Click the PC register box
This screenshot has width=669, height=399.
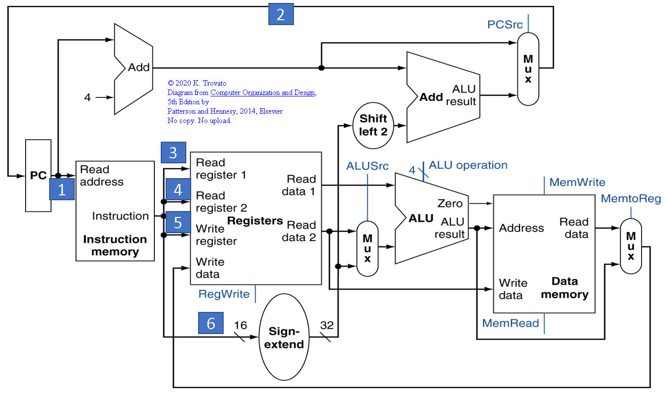click(38, 176)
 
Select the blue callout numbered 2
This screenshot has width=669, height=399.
click(281, 15)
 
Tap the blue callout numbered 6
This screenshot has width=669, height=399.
click(211, 323)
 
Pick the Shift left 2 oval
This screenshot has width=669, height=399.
click(373, 125)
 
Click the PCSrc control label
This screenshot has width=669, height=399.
click(505, 24)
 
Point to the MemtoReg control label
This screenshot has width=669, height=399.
click(631, 199)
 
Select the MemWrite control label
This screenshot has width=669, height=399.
click(577, 183)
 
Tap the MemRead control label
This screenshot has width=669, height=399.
click(510, 323)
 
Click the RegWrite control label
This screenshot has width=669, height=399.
click(224, 294)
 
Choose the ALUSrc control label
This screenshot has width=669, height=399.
click(368, 165)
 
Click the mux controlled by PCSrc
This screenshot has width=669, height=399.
click(528, 69)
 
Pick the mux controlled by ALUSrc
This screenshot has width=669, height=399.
click(367, 248)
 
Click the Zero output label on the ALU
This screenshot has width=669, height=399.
click(450, 203)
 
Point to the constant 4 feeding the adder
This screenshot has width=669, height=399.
click(87, 97)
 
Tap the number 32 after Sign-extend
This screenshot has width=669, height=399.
click(327, 325)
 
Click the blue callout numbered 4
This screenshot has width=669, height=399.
click(178, 190)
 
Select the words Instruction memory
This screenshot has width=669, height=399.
click(115, 246)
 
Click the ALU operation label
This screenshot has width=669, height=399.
click(468, 165)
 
